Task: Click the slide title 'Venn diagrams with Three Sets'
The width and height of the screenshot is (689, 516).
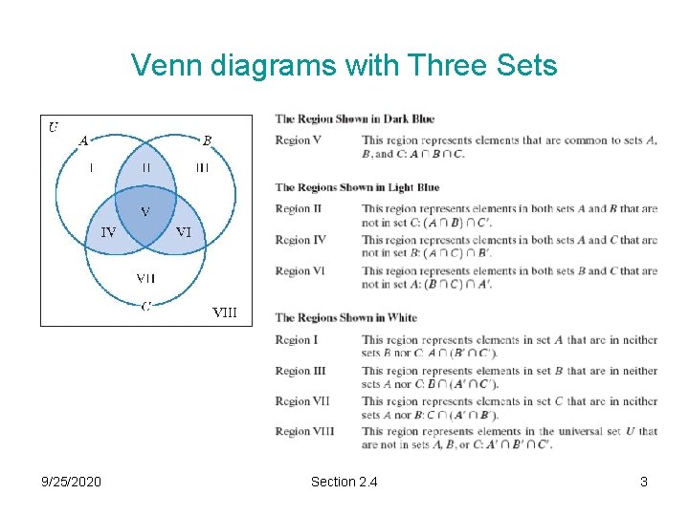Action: [x=344, y=65]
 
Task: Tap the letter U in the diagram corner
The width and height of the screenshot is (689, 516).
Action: [x=54, y=126]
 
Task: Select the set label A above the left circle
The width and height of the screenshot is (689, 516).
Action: [x=83, y=140]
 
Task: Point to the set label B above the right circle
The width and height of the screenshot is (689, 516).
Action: [x=207, y=140]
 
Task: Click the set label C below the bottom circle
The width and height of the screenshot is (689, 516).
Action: [x=145, y=306]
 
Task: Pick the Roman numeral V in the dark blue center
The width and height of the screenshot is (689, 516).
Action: [x=145, y=211]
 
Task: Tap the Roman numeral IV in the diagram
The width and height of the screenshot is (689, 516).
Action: [x=109, y=231]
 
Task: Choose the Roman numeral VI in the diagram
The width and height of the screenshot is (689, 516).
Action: [x=184, y=231]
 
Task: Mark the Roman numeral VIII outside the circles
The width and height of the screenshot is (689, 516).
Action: [x=224, y=312]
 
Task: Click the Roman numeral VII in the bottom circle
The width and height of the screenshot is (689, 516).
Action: [x=145, y=278]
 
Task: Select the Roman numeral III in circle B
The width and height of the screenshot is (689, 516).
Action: [x=203, y=167]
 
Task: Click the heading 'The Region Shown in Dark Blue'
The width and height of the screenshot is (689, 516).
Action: [x=354, y=118]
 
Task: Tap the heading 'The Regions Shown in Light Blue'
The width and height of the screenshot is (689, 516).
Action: [x=357, y=187]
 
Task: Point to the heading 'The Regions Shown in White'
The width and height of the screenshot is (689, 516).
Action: [x=345, y=317]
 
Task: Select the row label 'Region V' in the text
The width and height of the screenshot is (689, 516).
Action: [x=298, y=140]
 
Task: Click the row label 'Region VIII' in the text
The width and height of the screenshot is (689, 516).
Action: [x=304, y=431]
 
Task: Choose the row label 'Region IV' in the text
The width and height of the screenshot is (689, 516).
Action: [x=300, y=240]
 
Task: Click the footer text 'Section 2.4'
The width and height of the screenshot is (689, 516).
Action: [x=344, y=482]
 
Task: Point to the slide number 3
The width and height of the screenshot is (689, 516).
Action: [x=644, y=482]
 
